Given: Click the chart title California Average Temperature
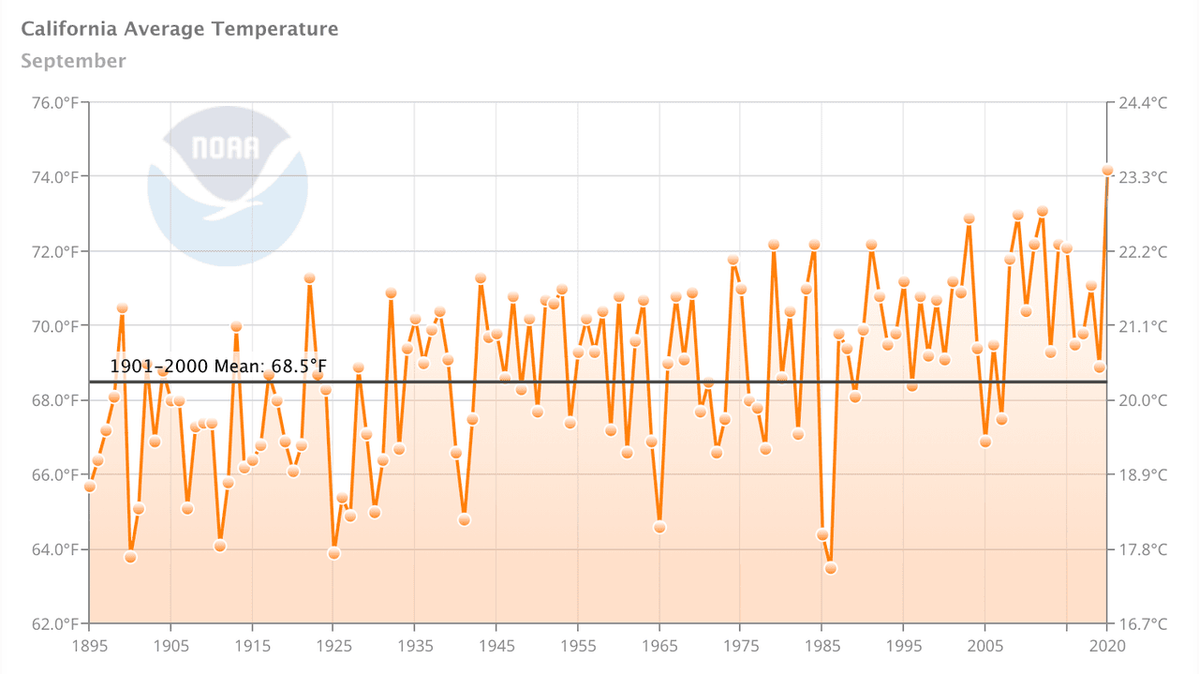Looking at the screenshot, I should pyautogui.click(x=179, y=29).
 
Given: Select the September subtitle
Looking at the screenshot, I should pyautogui.click(x=73, y=61).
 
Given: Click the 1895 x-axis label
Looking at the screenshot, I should pyautogui.click(x=89, y=646).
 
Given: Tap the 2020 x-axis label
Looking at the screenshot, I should pyautogui.click(x=1107, y=646).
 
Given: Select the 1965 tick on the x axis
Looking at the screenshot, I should pyautogui.click(x=659, y=646).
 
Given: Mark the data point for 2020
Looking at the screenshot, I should pyautogui.click(x=1107, y=171).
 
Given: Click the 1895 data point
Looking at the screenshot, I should pyautogui.click(x=89, y=487).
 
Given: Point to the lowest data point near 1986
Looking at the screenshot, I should pyautogui.click(x=830, y=568).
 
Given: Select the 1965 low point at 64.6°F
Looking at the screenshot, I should pyautogui.click(x=659, y=528).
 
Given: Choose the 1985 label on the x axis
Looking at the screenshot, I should pyautogui.click(x=822, y=646).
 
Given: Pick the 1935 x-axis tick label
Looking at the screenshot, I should pyautogui.click(x=415, y=646).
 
